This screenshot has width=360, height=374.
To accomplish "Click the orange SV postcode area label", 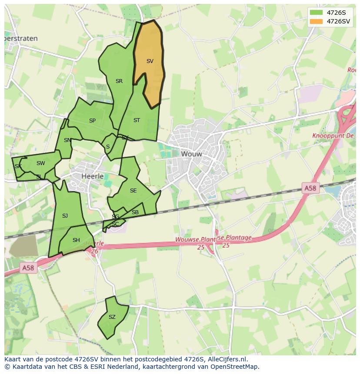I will (150, 61).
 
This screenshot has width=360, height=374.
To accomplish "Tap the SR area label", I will (119, 81).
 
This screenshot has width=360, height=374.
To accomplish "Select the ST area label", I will (137, 120).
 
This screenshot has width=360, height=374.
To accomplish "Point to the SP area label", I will (92, 121).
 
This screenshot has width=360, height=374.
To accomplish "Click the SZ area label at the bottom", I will (112, 317).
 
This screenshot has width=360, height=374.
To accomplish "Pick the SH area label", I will (76, 240).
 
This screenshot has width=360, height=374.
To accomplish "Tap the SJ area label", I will (65, 216).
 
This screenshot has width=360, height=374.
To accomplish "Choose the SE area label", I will (133, 191).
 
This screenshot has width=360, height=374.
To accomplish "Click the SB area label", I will (135, 212).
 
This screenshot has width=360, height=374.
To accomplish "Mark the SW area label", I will (40, 163).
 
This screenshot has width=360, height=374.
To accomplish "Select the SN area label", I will (67, 140).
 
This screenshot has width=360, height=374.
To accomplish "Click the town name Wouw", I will (191, 154).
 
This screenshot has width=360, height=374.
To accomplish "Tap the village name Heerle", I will (93, 176).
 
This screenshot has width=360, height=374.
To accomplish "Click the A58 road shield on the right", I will (310, 188).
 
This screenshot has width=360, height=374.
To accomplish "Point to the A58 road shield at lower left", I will (28, 268).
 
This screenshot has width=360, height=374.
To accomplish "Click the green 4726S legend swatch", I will (317, 13).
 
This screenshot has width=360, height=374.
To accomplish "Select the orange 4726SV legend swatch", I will (317, 21).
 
